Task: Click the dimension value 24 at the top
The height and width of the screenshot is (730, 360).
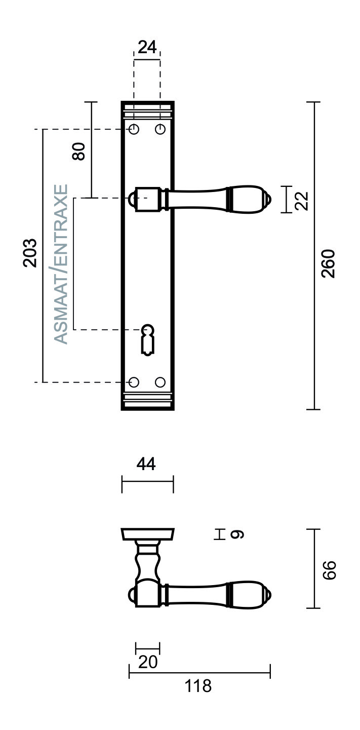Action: (147, 47)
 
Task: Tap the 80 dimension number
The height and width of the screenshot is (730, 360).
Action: (78, 151)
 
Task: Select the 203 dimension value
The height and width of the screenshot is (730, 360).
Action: (30, 253)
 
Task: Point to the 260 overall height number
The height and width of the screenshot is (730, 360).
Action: (328, 263)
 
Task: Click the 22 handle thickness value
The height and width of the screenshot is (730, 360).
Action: (301, 201)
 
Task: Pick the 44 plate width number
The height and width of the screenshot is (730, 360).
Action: (146, 464)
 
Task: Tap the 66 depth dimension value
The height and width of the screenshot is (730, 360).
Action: (329, 570)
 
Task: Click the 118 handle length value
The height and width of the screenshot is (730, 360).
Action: (198, 686)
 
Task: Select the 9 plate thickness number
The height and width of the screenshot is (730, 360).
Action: (237, 535)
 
